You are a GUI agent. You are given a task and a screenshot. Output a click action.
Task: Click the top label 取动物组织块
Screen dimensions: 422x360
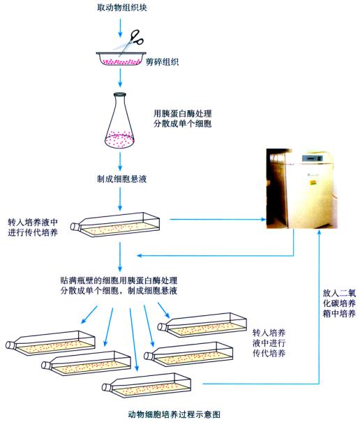[x=122, y=8]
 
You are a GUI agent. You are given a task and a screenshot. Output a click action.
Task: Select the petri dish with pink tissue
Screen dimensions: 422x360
[x=118, y=59]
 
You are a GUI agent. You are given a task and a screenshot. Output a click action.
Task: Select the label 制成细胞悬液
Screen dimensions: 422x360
[x=122, y=179]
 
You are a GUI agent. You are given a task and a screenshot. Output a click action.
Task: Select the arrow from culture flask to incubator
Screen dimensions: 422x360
[x=216, y=221]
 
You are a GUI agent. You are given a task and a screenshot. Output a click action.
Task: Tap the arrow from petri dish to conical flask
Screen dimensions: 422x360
[x=121, y=82]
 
